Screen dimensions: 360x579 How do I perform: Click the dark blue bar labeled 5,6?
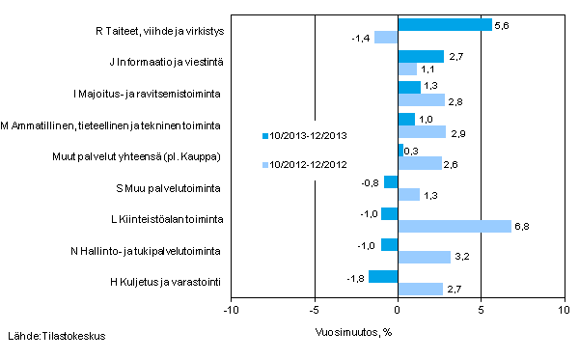[444, 25]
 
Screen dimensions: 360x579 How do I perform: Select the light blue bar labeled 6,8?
[454, 226]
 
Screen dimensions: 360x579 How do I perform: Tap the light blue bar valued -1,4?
[386, 38]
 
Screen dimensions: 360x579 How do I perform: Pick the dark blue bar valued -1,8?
[383, 277]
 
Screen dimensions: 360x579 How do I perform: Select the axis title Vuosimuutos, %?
[353, 329]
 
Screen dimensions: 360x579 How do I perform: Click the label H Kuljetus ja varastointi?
[168, 283]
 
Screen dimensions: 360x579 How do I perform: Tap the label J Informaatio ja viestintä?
[163, 63]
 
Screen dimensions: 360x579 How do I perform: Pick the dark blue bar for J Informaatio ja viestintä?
[420, 57]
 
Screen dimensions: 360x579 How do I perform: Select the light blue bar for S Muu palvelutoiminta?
[408, 195]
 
